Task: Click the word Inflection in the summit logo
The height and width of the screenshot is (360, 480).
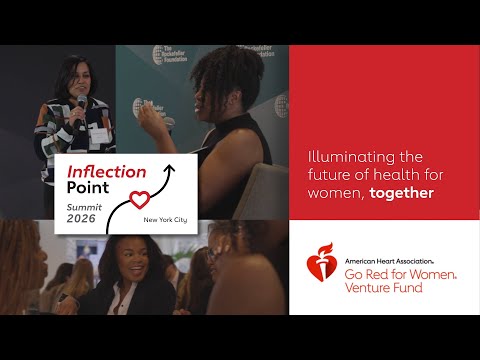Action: [105, 171]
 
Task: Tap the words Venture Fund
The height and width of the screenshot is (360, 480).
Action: [383, 288]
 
